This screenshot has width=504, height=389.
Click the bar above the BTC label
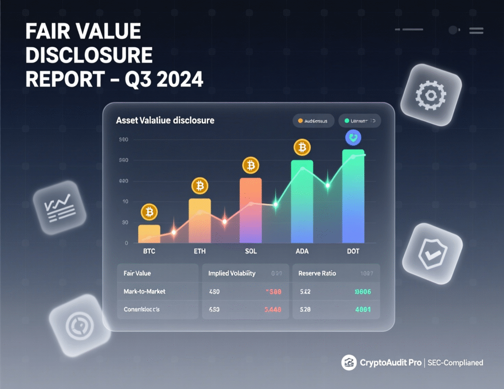pos(149,234)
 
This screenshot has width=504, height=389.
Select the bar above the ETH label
pos(199,221)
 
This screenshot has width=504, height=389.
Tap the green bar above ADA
pos(302,202)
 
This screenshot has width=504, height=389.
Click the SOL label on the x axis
pos(251,252)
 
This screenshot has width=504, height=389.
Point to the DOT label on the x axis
pos(353,252)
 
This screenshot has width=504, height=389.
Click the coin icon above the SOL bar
pos(251,164)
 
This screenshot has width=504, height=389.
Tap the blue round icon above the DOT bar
pos(353,137)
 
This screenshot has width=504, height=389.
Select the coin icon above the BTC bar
pos(149,213)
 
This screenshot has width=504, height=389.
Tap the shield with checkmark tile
pos(432,254)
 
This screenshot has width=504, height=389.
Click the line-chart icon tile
pos(59,207)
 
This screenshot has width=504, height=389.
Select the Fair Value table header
pos(137,273)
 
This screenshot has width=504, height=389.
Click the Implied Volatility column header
pos(232,273)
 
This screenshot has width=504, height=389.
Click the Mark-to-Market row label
pos(144,292)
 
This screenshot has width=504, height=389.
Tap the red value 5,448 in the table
pos(273,310)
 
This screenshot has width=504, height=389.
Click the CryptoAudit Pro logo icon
pos(348,363)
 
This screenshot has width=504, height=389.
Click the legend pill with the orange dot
pos(314,121)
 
